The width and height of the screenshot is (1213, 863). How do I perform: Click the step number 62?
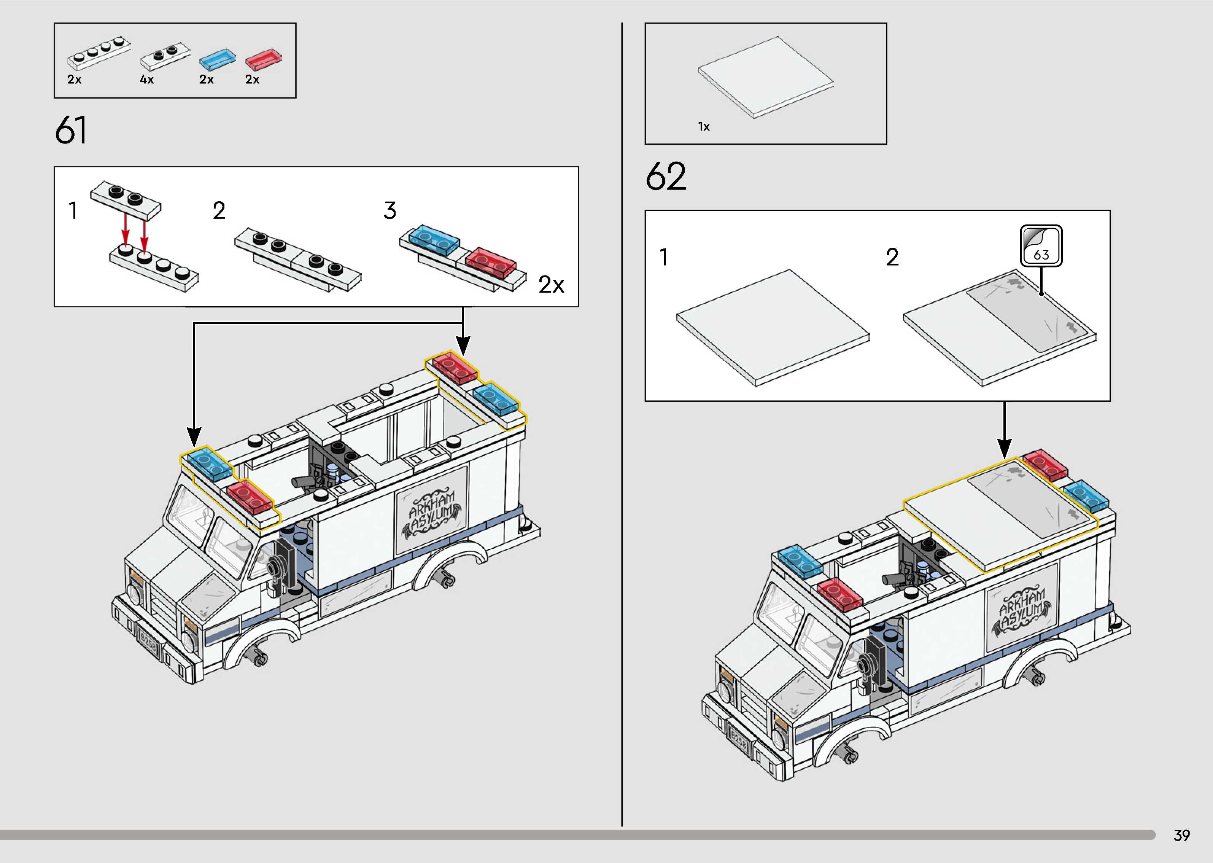pos(666,177)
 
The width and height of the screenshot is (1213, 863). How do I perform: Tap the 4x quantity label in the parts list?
pos(146,80)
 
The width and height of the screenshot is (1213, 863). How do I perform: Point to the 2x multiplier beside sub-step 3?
pos(551,285)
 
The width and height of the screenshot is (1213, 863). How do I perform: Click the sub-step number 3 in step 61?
pos(390,211)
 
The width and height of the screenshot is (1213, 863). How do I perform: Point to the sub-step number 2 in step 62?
pos(892,257)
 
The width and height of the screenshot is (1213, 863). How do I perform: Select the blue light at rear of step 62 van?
pos(1086,496)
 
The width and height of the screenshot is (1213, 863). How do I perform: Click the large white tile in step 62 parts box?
pos(765,76)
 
